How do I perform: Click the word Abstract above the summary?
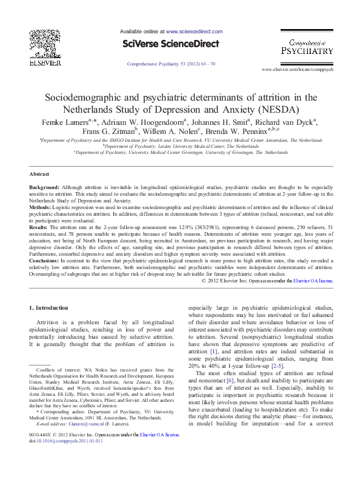(x=39, y=173)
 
